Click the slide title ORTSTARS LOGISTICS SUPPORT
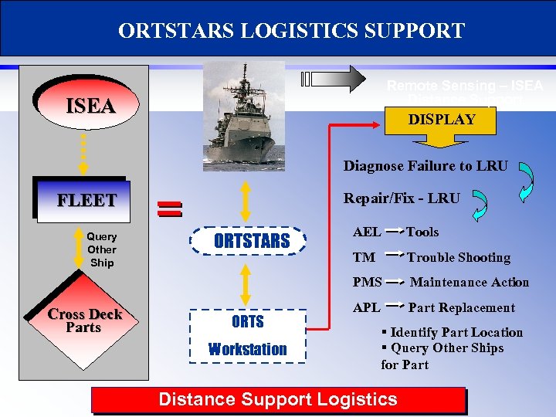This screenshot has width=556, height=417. click(x=291, y=30)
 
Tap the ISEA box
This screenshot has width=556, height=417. click(x=90, y=106)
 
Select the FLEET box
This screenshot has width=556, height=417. click(x=86, y=201)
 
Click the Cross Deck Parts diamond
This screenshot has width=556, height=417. click(x=84, y=320)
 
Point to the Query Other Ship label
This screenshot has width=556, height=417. click(x=101, y=249)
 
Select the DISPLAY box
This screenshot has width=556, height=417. click(x=442, y=120)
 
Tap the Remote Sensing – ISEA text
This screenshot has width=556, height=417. click(x=465, y=86)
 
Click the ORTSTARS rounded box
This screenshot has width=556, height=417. click(x=251, y=241)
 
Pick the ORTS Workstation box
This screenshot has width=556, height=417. click(x=247, y=335)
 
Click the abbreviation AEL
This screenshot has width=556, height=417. click(x=366, y=232)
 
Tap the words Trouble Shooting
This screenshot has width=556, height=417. click(x=459, y=257)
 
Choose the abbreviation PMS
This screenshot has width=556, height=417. click(x=367, y=282)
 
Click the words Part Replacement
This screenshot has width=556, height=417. click(x=461, y=307)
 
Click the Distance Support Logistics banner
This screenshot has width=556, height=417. click(x=277, y=399)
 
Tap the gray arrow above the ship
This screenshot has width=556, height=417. click(x=335, y=80)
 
